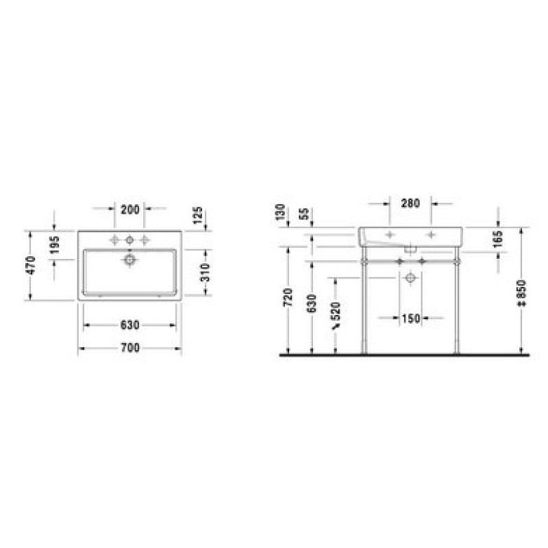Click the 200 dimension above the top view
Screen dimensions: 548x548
129,210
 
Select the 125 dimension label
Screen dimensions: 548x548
197,215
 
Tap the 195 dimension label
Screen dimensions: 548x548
55,245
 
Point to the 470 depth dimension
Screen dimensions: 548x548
31,265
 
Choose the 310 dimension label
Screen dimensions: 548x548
206,272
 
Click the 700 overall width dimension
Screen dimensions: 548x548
130,348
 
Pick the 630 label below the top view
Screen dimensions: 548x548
130,325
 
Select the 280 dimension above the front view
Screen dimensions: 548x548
410,203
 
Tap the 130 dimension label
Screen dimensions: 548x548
281,212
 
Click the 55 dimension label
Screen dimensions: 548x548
304,214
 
